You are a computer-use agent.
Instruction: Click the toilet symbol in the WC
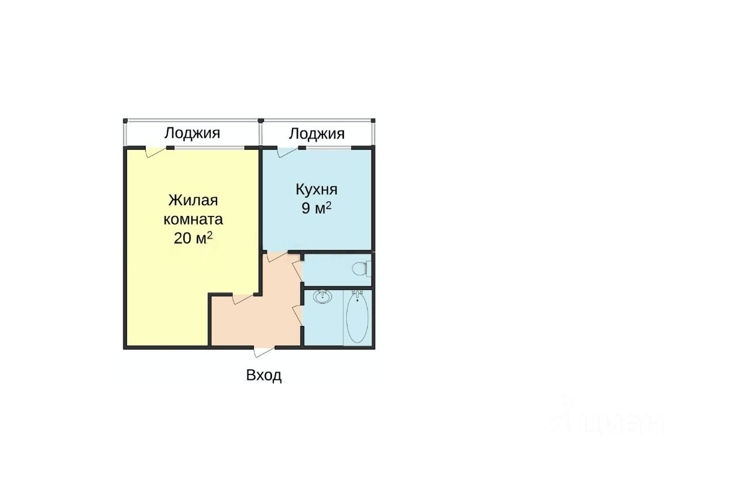(361, 269)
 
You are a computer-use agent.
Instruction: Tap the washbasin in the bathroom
(322, 297)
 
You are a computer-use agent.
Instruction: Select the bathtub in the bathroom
(357, 317)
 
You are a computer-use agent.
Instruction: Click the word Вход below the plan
(264, 376)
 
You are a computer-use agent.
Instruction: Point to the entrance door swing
(264, 352)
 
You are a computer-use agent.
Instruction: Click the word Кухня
(317, 190)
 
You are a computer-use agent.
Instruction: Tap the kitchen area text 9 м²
(317, 208)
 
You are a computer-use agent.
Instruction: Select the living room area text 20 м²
(193, 238)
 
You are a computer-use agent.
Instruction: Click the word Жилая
(193, 200)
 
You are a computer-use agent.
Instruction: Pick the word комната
(193, 219)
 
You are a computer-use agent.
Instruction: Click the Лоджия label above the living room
(192, 133)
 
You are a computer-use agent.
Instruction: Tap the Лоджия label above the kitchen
(317, 134)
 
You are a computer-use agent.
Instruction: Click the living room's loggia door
(156, 152)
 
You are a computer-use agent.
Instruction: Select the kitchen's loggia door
(287, 152)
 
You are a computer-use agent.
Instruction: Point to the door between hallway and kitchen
(277, 257)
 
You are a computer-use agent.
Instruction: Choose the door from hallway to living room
(243, 299)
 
